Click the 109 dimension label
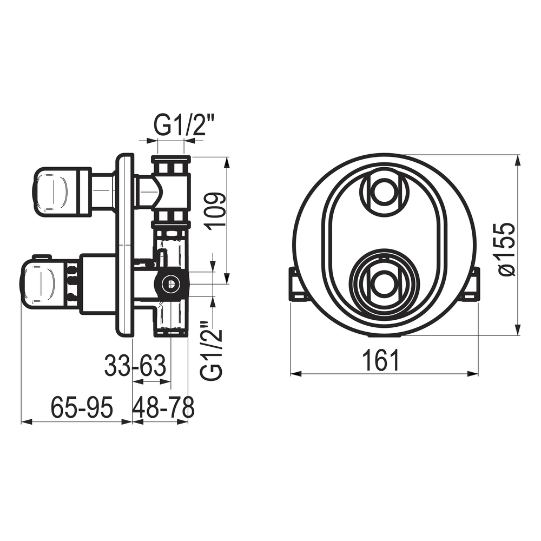[215, 209]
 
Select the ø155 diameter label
[507, 249]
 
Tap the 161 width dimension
[381, 360]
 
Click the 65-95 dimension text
[82, 407]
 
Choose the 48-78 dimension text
[163, 407]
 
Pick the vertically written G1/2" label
[212, 351]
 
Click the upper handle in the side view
[62, 192]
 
